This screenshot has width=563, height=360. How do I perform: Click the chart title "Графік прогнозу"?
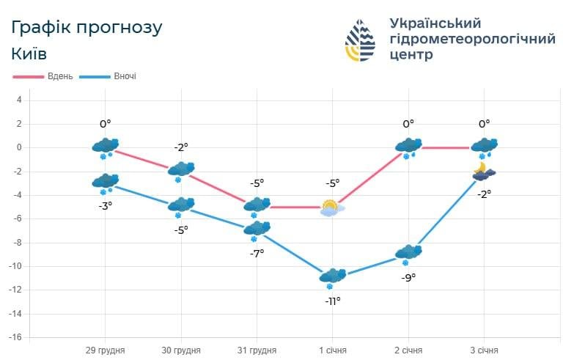tap(87, 27)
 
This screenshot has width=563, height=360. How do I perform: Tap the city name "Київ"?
tap(30, 54)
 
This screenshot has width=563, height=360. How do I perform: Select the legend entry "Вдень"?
tap(59, 76)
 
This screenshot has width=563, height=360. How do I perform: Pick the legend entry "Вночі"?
tap(124, 76)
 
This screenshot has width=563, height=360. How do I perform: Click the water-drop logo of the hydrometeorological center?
tap(360, 41)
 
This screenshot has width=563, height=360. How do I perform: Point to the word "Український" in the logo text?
tap(435, 23)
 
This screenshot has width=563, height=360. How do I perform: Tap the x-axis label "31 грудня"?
tap(257, 350)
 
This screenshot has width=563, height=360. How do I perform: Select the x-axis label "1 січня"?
tap(332, 350)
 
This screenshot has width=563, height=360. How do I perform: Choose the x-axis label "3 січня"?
tap(483, 350)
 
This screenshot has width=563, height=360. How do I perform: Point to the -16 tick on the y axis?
tap(16, 337)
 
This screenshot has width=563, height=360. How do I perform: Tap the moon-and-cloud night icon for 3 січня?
tap(483, 172)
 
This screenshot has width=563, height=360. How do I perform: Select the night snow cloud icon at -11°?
tap(332, 277)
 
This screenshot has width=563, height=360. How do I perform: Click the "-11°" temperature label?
tap(333, 301)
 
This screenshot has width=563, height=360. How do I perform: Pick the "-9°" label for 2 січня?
tap(408, 277)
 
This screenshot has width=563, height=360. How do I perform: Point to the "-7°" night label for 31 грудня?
tap(257, 253)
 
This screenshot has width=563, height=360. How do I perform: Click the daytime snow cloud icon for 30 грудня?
tap(181, 171)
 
